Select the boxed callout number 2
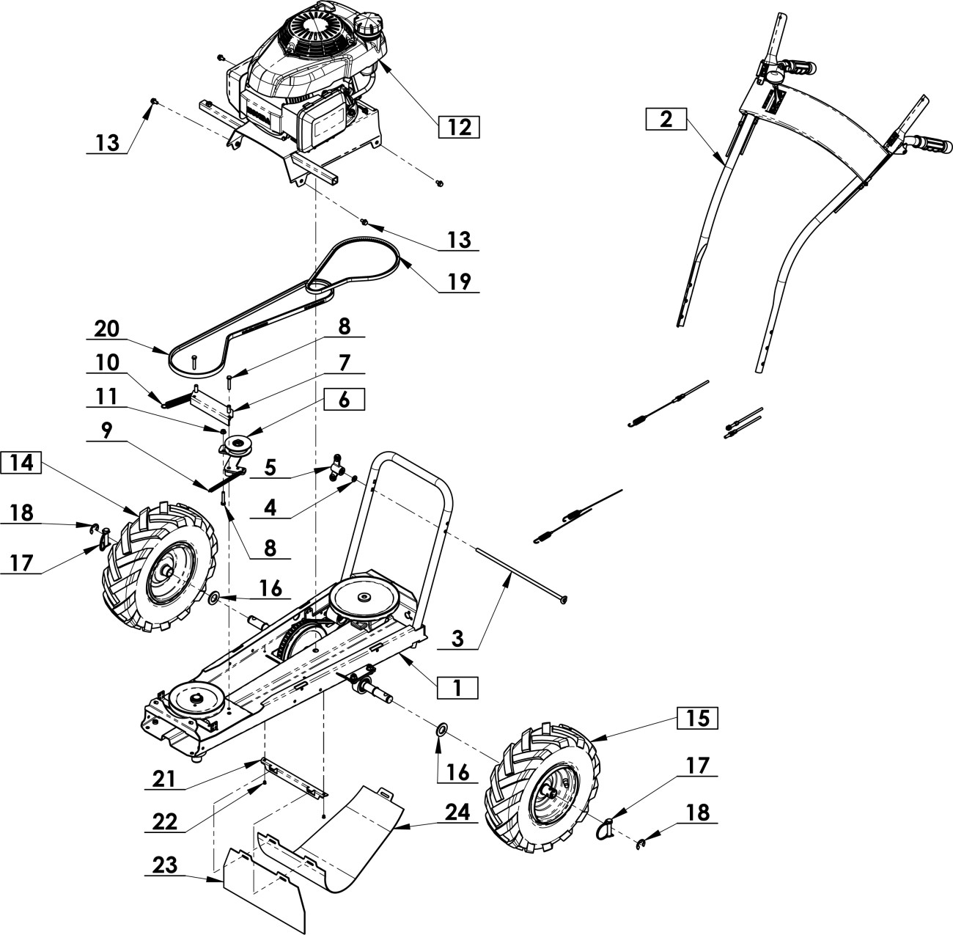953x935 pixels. (666, 120)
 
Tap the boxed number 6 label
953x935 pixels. (345, 400)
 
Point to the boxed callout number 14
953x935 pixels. (21, 462)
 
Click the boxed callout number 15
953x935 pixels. (697, 718)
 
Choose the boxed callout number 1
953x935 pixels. (457, 688)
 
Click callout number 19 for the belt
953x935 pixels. (459, 282)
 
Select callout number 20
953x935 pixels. (107, 329)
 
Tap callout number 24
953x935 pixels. (458, 813)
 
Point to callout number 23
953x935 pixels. (165, 865)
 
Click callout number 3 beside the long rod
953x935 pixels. (458, 639)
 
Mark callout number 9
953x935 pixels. (106, 430)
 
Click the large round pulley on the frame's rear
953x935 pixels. (366, 601)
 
